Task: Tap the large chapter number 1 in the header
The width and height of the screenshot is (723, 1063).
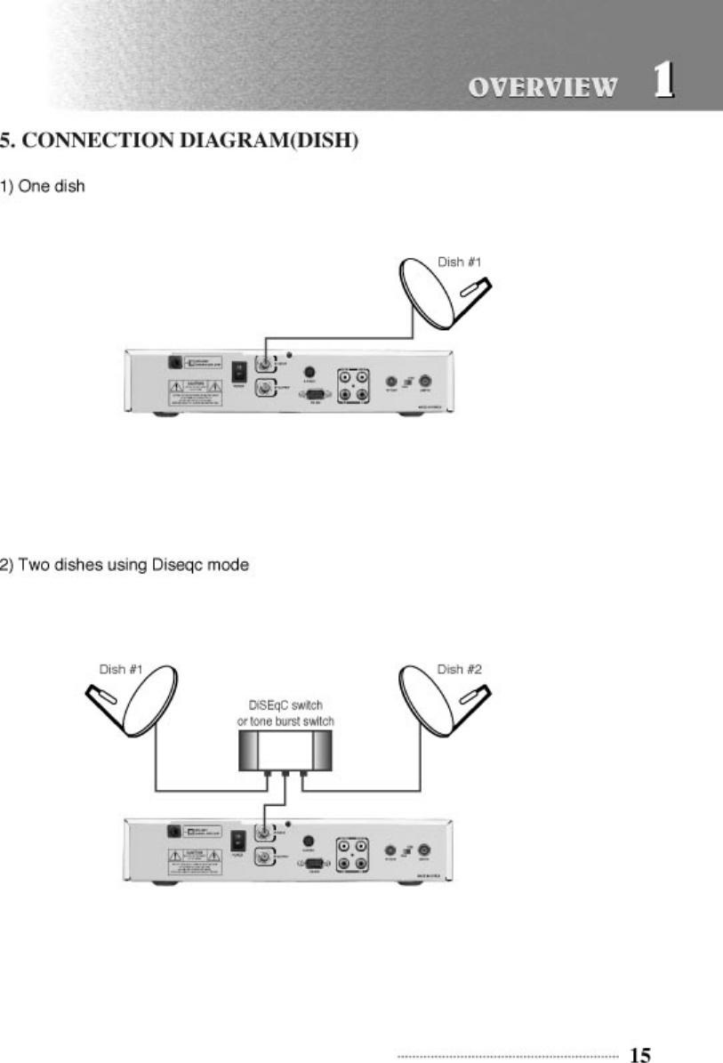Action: (663, 81)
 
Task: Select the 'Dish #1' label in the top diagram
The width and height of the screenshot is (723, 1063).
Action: (460, 262)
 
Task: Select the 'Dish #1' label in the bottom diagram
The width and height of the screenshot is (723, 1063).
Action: (121, 669)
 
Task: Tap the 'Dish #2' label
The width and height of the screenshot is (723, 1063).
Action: (460, 669)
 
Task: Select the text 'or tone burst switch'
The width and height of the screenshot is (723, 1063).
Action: (285, 721)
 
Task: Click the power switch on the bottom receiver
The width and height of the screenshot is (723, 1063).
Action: (239, 840)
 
